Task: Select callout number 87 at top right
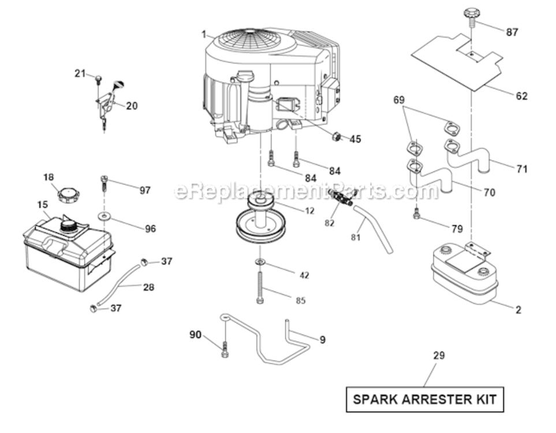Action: (x=512, y=32)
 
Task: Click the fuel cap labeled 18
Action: (x=69, y=193)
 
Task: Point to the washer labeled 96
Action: (x=105, y=216)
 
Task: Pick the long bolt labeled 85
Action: (x=259, y=287)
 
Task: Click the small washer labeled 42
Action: (x=259, y=263)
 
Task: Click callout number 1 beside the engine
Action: (x=204, y=35)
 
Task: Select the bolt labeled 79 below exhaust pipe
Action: (x=416, y=215)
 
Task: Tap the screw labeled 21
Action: (x=99, y=78)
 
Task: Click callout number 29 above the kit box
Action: (x=439, y=356)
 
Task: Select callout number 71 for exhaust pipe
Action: (x=521, y=169)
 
